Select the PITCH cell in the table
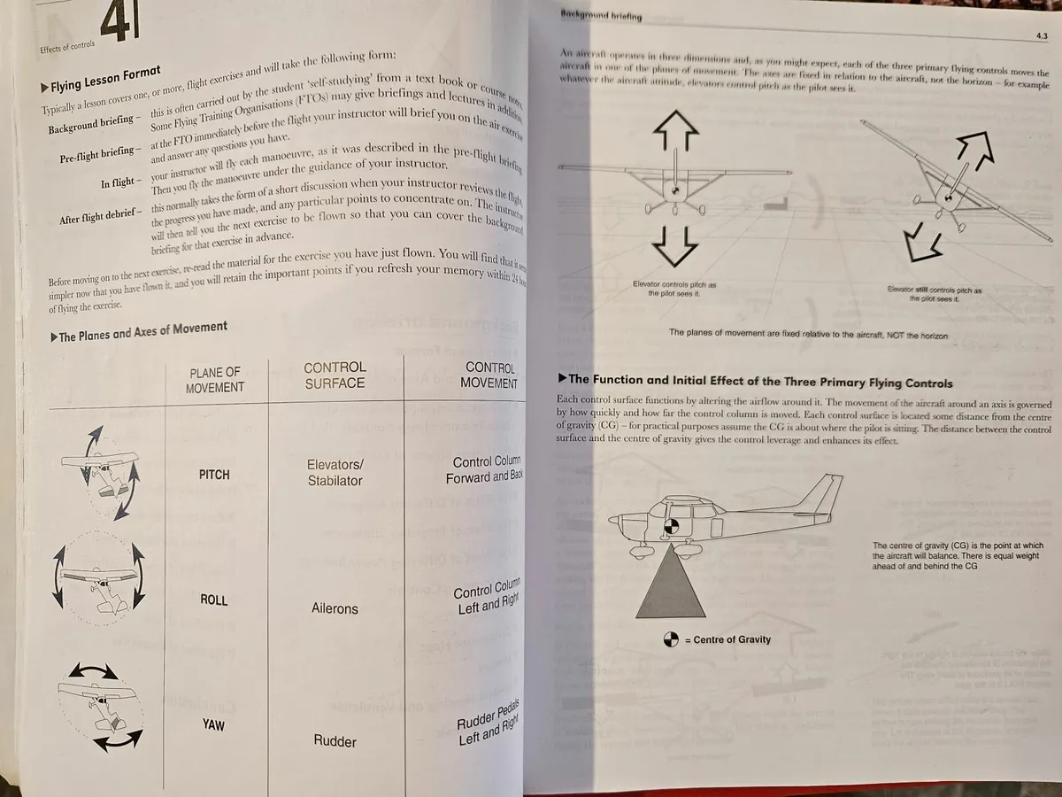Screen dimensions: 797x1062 [214, 475]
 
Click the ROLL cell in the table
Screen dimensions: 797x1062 [214, 600]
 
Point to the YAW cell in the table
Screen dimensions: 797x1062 [213, 725]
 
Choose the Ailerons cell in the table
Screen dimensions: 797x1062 [335, 608]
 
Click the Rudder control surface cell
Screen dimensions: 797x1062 [335, 740]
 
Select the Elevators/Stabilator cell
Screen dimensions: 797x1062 [335, 472]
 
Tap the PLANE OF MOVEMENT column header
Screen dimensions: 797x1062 [214, 379]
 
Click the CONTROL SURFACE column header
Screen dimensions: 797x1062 [335, 375]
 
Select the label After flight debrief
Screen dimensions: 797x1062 [98, 215]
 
